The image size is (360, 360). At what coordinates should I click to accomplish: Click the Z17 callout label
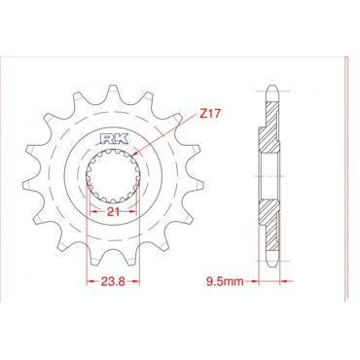pos(210,114)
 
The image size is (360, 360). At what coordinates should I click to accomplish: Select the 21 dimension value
pos(113,212)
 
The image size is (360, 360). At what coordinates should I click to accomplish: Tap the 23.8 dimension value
pos(113,281)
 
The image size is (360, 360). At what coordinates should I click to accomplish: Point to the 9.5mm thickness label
pos(225,281)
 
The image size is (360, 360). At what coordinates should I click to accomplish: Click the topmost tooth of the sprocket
pos(114,92)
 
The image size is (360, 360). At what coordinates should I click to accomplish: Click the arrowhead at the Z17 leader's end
pos(136,153)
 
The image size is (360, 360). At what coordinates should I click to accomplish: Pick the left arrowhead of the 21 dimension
pos(93,212)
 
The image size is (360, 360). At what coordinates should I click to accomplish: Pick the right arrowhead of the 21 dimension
pos(131,212)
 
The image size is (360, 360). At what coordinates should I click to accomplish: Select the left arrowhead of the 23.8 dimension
pos(90,281)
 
